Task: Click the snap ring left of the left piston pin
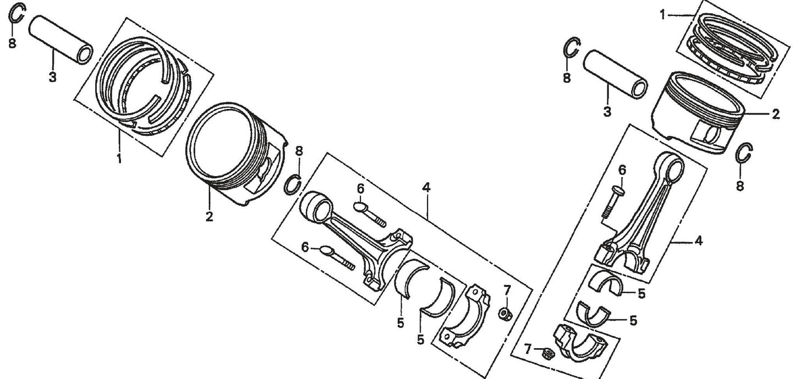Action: [x=17, y=14]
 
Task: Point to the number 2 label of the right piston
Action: [x=776, y=114]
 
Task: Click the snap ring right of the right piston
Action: [x=744, y=154]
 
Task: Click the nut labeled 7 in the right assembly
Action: [x=547, y=354]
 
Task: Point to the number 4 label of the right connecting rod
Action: [x=698, y=240]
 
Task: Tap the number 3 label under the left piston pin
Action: [x=52, y=78]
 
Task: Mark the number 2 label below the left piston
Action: [x=209, y=217]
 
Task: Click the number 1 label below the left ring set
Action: [x=119, y=160]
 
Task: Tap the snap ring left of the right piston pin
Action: [x=571, y=48]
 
